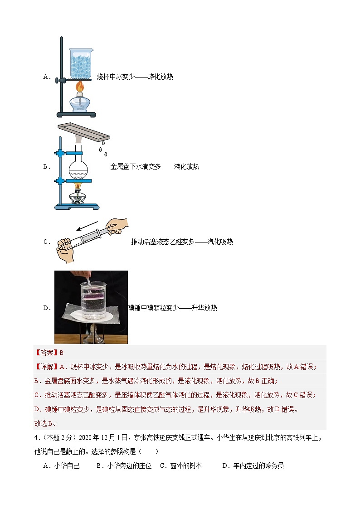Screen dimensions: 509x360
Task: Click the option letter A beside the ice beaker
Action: click(x=47, y=77)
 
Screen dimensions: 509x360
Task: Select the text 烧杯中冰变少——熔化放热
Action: click(x=135, y=77)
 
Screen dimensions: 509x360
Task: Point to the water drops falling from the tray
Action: click(x=103, y=150)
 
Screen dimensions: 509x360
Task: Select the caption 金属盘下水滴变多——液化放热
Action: click(x=155, y=167)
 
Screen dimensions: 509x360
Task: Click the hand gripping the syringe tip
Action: click(x=65, y=249)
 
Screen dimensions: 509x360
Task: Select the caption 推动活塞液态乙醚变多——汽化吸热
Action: click(x=182, y=242)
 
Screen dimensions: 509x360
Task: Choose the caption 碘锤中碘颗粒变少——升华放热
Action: click(x=173, y=308)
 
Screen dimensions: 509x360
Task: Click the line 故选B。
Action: click(x=45, y=423)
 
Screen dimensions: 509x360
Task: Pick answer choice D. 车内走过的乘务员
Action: click(x=253, y=465)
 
